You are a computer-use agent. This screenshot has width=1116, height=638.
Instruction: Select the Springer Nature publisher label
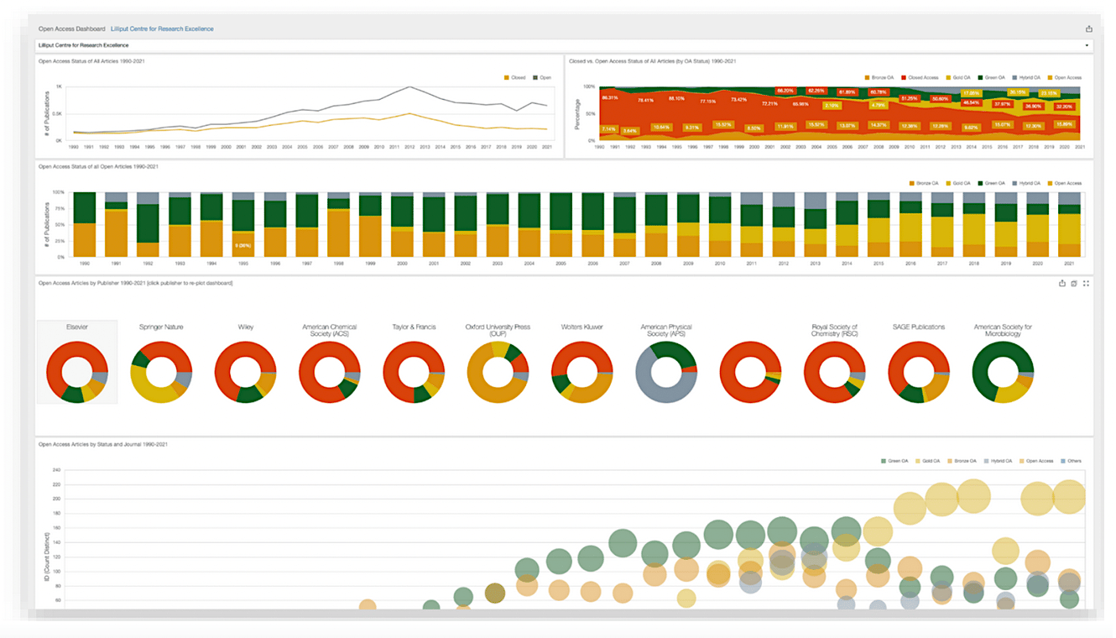[x=161, y=327]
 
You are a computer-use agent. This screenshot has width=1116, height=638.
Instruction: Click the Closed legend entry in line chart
[x=514, y=77]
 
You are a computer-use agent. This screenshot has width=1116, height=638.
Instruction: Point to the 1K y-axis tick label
[x=59, y=86]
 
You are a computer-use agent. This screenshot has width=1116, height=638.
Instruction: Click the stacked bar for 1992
[x=148, y=224]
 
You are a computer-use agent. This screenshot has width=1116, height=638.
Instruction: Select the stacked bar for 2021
[x=1069, y=224]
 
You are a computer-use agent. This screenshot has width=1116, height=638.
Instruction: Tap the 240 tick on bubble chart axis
[x=57, y=470]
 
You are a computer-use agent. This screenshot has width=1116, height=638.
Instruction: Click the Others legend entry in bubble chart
[x=1072, y=461]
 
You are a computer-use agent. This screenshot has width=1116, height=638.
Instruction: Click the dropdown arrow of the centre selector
[x=1087, y=45]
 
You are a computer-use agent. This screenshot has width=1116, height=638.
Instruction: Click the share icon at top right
[x=1089, y=29]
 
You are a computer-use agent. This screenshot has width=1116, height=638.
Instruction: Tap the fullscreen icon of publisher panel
[x=1086, y=284]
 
